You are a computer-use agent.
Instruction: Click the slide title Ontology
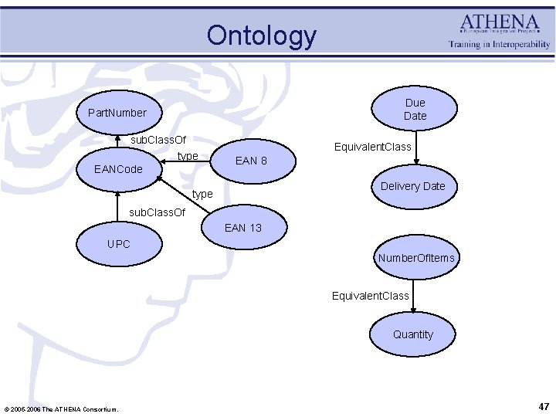click(261, 36)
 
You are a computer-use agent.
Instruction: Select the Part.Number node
click(117, 113)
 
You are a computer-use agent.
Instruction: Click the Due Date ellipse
click(415, 109)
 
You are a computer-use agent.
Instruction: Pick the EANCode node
click(118, 168)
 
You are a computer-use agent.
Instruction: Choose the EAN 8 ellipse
click(251, 161)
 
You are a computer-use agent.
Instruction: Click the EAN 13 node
click(242, 227)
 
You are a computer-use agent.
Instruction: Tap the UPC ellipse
click(119, 244)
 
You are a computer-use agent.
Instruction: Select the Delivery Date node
click(412, 186)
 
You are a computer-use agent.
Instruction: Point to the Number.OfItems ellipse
click(415, 258)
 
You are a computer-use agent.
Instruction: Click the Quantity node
click(413, 334)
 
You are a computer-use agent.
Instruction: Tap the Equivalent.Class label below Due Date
click(372, 147)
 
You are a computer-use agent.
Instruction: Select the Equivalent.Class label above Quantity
click(370, 296)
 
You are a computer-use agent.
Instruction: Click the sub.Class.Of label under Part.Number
click(158, 140)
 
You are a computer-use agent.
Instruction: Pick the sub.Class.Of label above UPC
click(157, 212)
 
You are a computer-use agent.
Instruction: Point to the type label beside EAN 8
click(188, 156)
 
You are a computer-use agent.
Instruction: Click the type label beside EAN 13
click(202, 194)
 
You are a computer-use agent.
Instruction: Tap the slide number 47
click(544, 406)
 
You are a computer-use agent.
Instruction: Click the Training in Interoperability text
click(500, 45)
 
